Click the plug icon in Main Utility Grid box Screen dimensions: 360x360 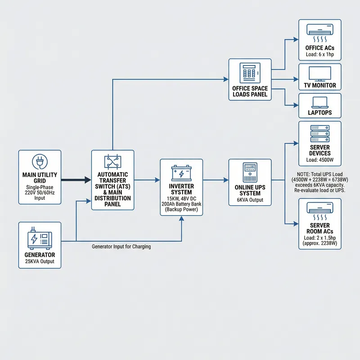click(x=40, y=162)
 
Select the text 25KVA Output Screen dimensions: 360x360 click(x=40, y=261)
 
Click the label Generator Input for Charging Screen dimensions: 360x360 click(x=121, y=247)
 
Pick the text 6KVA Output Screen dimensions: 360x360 click(x=250, y=201)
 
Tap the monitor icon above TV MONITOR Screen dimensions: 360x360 click(x=319, y=73)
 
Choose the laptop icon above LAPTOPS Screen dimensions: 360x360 click(x=319, y=102)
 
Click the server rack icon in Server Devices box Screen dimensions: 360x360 click(x=319, y=134)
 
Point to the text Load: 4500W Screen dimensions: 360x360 click(x=319, y=160)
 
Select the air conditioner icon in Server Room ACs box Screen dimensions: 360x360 click(x=319, y=209)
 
